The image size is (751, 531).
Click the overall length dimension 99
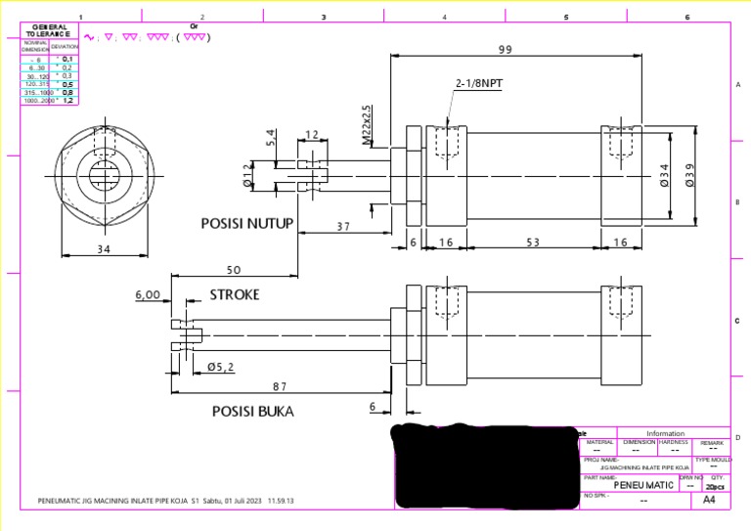(506, 49)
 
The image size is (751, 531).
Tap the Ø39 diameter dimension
(690, 174)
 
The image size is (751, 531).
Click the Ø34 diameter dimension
(665, 174)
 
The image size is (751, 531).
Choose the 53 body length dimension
(532, 243)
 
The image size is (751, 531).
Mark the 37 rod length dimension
(343, 226)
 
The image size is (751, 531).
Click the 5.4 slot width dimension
(272, 140)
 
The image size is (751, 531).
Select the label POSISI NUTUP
(246, 223)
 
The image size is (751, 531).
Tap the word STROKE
(235, 294)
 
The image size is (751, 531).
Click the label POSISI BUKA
(252, 411)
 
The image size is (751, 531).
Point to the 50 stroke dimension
(234, 269)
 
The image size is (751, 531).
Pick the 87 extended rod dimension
(280, 387)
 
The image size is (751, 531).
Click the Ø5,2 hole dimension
(220, 367)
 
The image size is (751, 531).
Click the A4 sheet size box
(710, 501)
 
